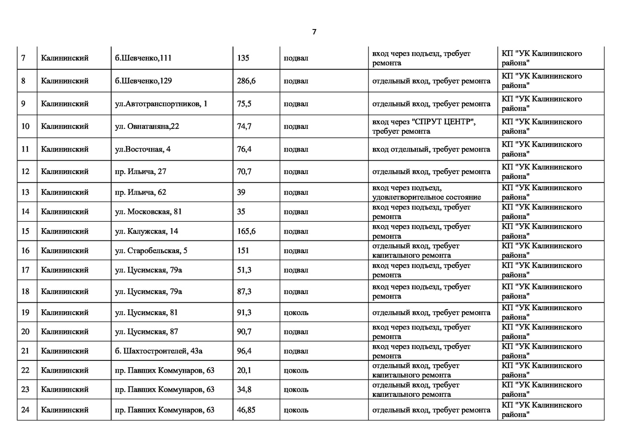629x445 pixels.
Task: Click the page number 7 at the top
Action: click(x=314, y=32)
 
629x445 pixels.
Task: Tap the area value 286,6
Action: click(x=246, y=81)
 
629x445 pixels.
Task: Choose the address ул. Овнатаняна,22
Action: click(x=147, y=126)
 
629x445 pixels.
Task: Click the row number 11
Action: click(x=26, y=149)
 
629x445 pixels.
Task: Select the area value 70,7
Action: click(x=244, y=172)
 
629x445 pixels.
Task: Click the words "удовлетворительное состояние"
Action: click(x=427, y=197)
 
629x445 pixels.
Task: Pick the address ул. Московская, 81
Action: click(x=148, y=211)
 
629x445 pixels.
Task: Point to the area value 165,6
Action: click(x=246, y=231)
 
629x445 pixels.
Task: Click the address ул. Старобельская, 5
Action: click(x=151, y=250)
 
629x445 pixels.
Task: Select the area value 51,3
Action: click(x=244, y=270)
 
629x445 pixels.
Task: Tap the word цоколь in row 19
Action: click(x=296, y=312)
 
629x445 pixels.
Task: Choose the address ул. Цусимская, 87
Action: click(x=146, y=331)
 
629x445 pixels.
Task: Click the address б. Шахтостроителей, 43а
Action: click(x=159, y=351)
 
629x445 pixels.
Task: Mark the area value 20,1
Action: click(x=244, y=370)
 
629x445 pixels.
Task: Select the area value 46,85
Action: click(x=246, y=410)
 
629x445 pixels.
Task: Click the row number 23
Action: click(x=26, y=389)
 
